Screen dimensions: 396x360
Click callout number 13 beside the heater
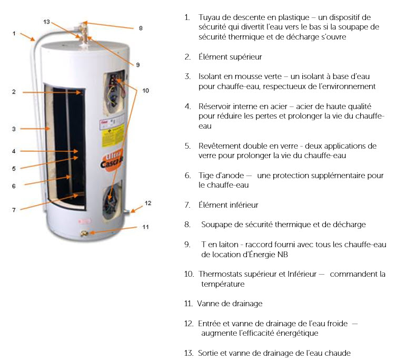click(47, 22)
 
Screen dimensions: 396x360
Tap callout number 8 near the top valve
click(141, 28)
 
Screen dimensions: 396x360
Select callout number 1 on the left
click(14, 33)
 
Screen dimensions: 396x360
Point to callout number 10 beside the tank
click(146, 91)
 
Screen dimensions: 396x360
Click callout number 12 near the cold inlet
click(148, 203)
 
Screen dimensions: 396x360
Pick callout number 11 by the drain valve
click(145, 227)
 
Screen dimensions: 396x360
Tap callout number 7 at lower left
click(14, 210)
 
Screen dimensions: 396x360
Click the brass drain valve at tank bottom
click(84, 233)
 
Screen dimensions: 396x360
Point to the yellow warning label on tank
click(113, 135)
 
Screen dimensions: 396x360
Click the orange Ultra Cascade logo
click(112, 160)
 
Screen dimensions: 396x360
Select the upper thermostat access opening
click(114, 93)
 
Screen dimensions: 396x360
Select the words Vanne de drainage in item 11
click(230, 304)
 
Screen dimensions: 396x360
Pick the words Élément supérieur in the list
click(230, 57)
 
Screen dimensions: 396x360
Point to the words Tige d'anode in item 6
click(221, 175)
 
